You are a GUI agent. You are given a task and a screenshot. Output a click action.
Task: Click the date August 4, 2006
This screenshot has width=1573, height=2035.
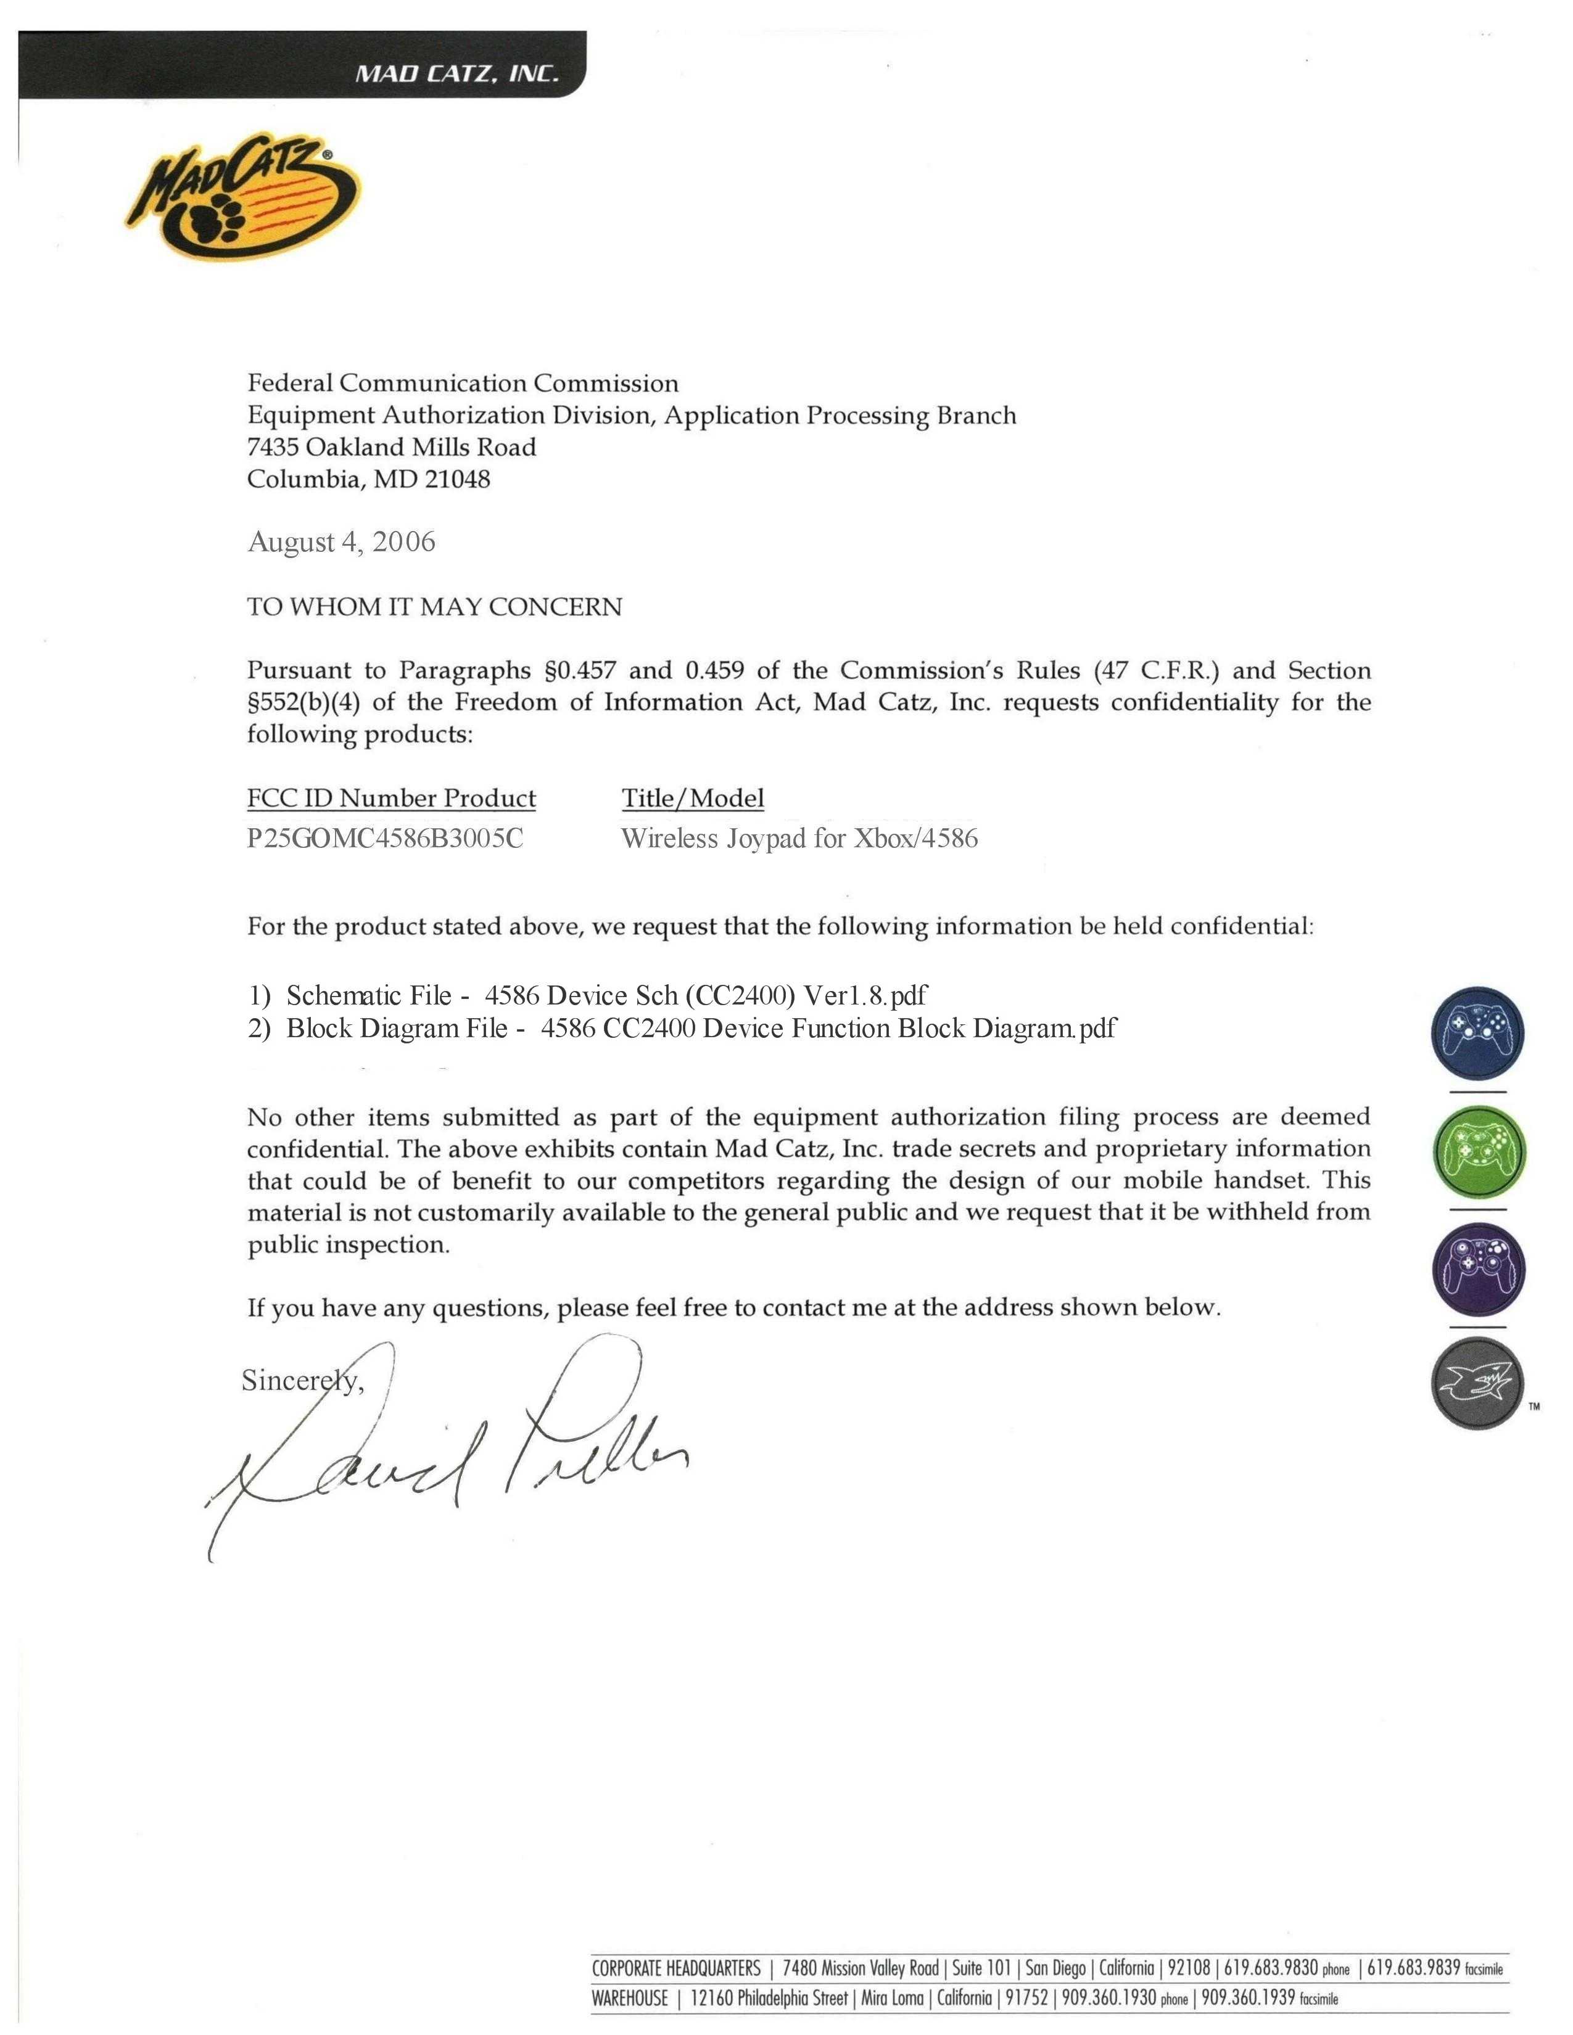341,542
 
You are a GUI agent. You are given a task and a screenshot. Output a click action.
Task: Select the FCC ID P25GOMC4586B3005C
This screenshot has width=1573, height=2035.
385,839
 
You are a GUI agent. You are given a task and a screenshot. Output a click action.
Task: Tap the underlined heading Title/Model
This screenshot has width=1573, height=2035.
692,799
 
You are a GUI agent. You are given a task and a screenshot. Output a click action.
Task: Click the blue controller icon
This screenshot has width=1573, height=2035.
1477,1034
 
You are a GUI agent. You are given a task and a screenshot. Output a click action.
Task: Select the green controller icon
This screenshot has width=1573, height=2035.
1477,1152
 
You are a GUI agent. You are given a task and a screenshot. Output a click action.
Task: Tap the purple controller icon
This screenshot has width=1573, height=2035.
1477,1270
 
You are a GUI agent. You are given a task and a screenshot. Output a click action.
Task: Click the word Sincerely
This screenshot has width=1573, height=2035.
302,1381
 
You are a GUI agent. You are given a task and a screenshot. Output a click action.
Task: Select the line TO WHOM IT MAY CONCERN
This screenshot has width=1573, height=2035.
434,607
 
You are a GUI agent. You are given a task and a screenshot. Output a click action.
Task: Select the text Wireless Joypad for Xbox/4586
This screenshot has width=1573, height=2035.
799,839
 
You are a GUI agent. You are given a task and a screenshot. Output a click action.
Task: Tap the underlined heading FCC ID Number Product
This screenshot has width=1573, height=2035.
391,799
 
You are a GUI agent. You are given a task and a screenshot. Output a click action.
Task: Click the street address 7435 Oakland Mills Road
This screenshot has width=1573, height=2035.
391,447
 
